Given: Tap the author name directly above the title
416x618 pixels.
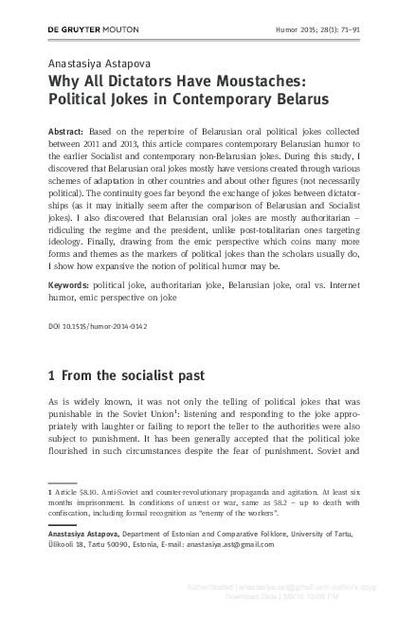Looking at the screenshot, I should (x=97, y=64).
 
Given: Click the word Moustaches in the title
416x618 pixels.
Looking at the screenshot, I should (x=265, y=81).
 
